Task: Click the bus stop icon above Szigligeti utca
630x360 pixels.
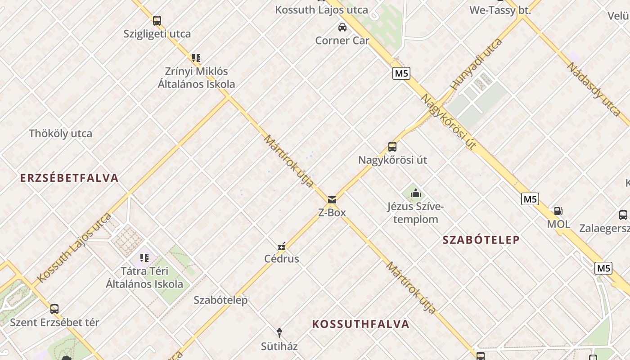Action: tap(157, 21)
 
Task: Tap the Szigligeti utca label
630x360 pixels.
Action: tap(157, 34)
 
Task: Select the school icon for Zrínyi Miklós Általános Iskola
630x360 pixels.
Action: tap(196, 58)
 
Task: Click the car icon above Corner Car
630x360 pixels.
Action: tap(342, 27)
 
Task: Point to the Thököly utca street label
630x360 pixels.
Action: tap(60, 134)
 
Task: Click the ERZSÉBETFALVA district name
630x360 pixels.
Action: tap(69, 178)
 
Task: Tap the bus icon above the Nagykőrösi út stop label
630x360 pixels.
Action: tap(392, 147)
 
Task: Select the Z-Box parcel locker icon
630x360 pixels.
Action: tap(332, 200)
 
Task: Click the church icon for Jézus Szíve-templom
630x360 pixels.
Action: tap(415, 193)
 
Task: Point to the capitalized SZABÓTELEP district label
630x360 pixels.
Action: tap(481, 240)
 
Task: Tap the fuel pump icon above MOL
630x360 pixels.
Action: tap(558, 211)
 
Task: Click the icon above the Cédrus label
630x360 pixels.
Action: tap(282, 246)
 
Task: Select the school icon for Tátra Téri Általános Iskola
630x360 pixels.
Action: tap(144, 258)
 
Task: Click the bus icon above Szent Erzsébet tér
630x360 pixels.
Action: tap(54, 309)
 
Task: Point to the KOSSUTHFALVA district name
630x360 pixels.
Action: tap(360, 324)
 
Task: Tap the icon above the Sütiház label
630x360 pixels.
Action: tap(279, 333)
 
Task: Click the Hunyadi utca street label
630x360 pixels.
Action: tap(476, 64)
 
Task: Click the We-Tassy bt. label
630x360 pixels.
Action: tap(500, 10)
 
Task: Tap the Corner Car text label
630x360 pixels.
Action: tap(342, 40)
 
